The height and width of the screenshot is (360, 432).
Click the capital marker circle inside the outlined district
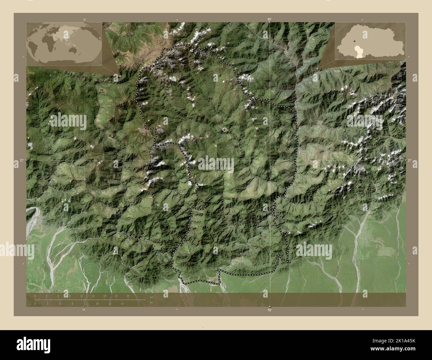(225, 129)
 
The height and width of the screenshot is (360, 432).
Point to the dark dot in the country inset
(355, 41)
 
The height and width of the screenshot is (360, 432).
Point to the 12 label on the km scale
(81, 296)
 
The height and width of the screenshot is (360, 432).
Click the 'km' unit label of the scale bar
(152, 297)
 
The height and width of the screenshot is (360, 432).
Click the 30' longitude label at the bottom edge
(84, 310)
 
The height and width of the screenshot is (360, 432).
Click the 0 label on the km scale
(35, 296)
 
